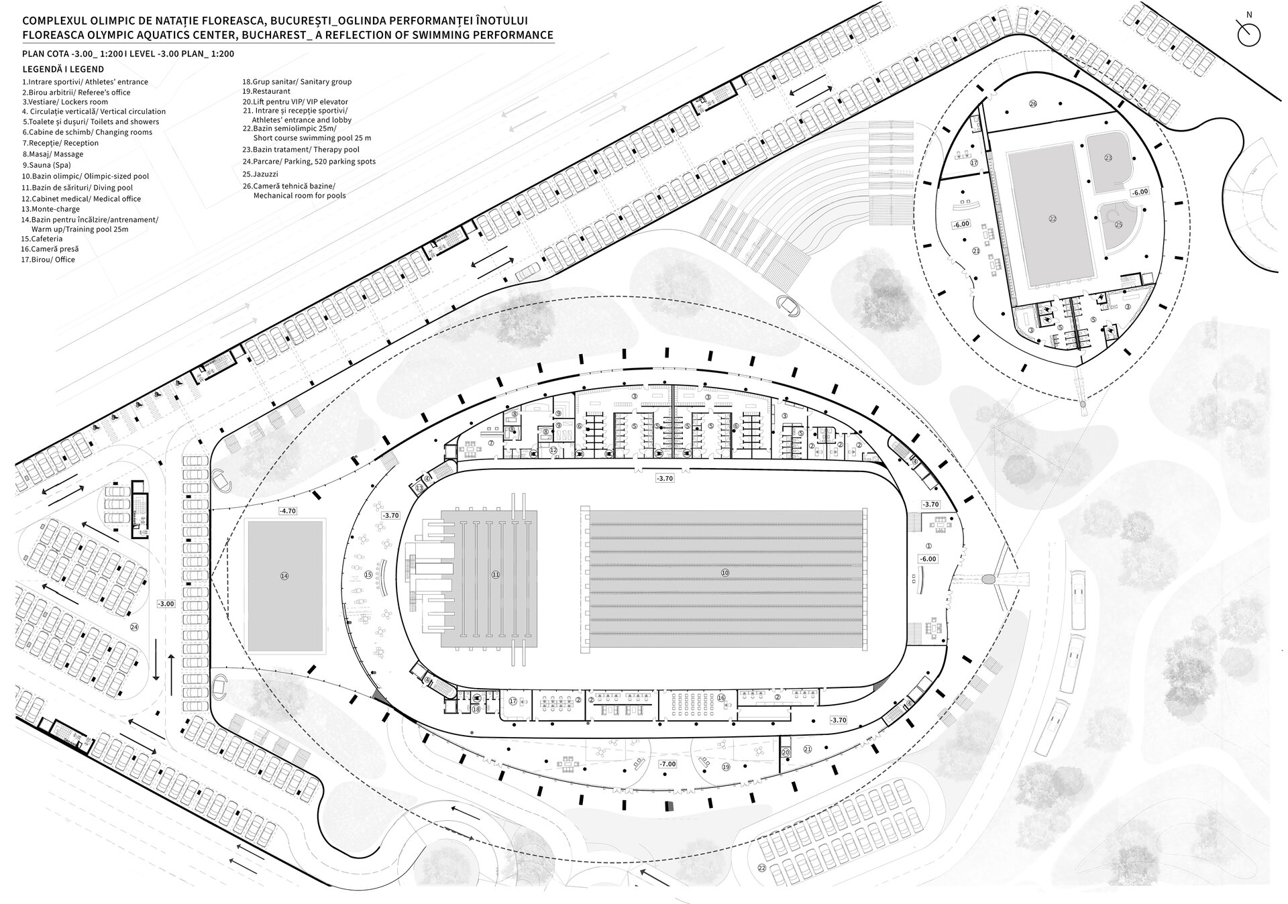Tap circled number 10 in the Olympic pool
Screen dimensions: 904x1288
tap(724, 573)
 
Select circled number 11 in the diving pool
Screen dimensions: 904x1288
tap(496, 574)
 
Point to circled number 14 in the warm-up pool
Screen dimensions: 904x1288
tap(284, 575)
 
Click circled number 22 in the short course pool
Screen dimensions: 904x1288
tap(1053, 218)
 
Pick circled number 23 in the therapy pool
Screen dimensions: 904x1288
tap(1108, 158)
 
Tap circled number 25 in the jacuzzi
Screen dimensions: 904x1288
tap(1118, 225)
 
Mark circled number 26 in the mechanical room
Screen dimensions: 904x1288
tap(1033, 103)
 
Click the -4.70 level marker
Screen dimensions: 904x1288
tap(287, 511)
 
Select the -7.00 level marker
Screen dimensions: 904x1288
tap(667, 764)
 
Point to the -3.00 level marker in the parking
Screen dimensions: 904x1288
tap(166, 604)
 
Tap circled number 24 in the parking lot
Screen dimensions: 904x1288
tap(134, 627)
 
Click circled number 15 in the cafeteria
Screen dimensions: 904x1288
tap(368, 575)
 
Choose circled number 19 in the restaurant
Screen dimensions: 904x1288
tap(726, 766)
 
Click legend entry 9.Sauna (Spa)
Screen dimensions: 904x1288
tap(46, 165)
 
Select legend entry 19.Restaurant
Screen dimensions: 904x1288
tap(266, 91)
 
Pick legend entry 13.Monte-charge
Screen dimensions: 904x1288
tap(50, 209)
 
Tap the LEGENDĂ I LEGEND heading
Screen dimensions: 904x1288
tap(63, 69)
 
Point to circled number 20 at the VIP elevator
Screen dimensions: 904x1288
tap(786, 752)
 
